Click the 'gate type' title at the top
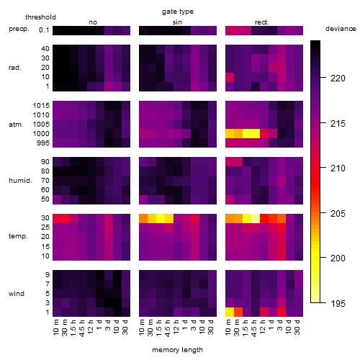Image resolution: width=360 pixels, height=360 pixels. pyautogui.click(x=178, y=12)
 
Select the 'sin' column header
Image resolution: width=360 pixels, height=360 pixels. pyautogui.click(x=177, y=22)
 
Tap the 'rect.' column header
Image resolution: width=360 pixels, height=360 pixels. pyautogui.click(x=262, y=22)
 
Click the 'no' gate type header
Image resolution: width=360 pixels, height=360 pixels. pyautogui.click(x=93, y=22)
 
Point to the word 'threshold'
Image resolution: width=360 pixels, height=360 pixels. pyautogui.click(x=40, y=17)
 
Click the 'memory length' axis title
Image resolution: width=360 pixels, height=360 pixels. pyautogui.click(x=178, y=350)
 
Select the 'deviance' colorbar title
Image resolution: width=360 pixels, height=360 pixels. pyautogui.click(x=341, y=29)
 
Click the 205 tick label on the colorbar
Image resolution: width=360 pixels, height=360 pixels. pyautogui.click(x=338, y=213)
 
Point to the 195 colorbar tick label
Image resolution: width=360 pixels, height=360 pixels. pyautogui.click(x=338, y=304)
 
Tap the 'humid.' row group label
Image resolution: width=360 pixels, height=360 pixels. pyautogui.click(x=20, y=181)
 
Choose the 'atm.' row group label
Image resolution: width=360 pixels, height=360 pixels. pyautogui.click(x=16, y=125)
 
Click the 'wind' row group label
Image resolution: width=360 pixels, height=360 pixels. pyautogui.click(x=17, y=294)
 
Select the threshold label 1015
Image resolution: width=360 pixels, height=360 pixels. pyautogui.click(x=41, y=106)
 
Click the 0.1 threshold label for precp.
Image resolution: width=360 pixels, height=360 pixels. pyautogui.click(x=44, y=30)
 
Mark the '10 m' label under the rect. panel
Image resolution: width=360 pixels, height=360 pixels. pyautogui.click(x=228, y=327)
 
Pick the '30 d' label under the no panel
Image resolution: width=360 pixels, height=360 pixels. pyautogui.click(x=125, y=327)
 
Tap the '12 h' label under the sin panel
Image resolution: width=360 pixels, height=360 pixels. pyautogui.click(x=176, y=327)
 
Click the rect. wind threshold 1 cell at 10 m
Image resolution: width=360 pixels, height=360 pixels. pyautogui.click(x=230, y=312)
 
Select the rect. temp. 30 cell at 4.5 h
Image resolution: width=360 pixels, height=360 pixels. pyautogui.click(x=256, y=218)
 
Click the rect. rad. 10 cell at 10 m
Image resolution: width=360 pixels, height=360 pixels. pyautogui.click(x=230, y=77)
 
